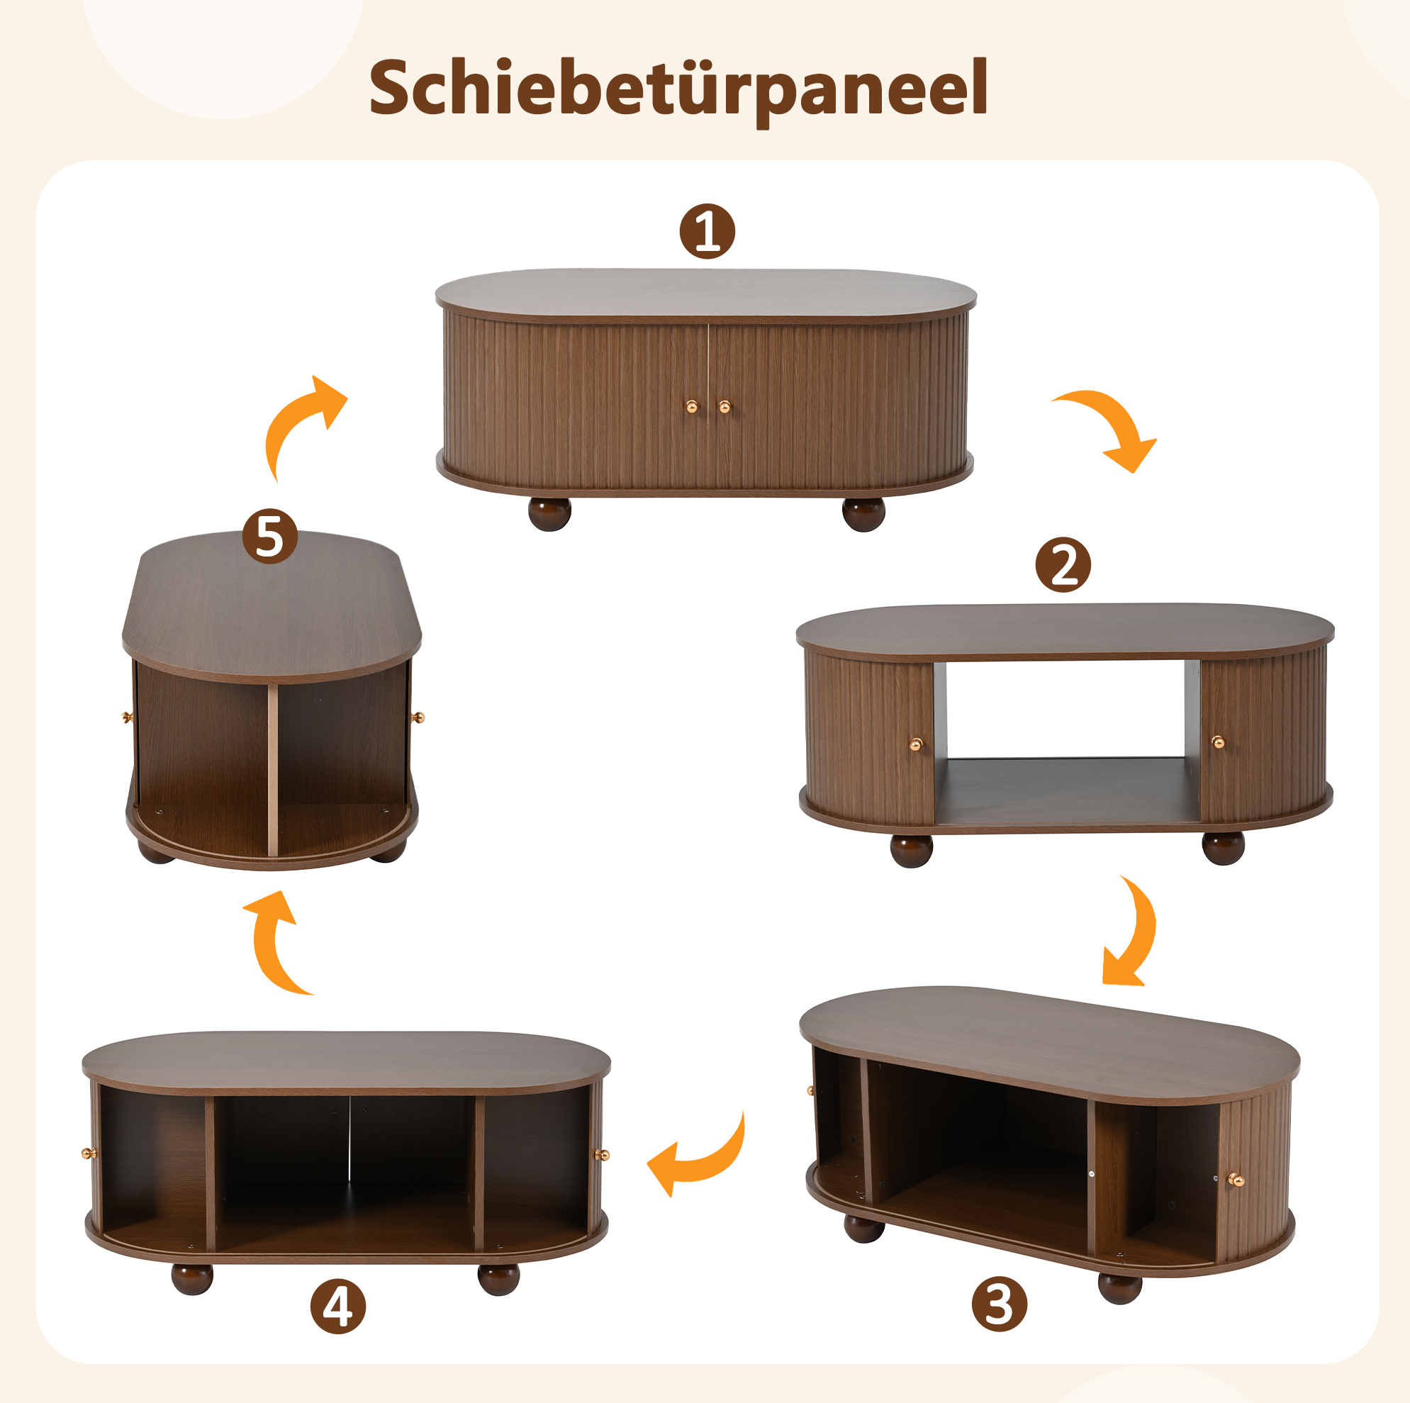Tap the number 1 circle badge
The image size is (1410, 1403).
(707, 231)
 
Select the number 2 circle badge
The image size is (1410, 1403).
(1063, 565)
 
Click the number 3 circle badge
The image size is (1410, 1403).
(999, 1304)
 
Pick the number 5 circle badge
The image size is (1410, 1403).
(270, 537)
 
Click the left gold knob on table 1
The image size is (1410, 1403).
(691, 407)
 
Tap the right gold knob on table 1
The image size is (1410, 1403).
(724, 407)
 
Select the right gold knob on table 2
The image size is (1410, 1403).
(1217, 743)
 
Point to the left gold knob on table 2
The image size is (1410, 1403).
(916, 744)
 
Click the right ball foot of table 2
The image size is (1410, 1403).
(1223, 847)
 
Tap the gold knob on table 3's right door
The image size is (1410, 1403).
(1235, 1180)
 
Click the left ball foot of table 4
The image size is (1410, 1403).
(192, 1278)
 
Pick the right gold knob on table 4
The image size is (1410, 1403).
(602, 1155)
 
